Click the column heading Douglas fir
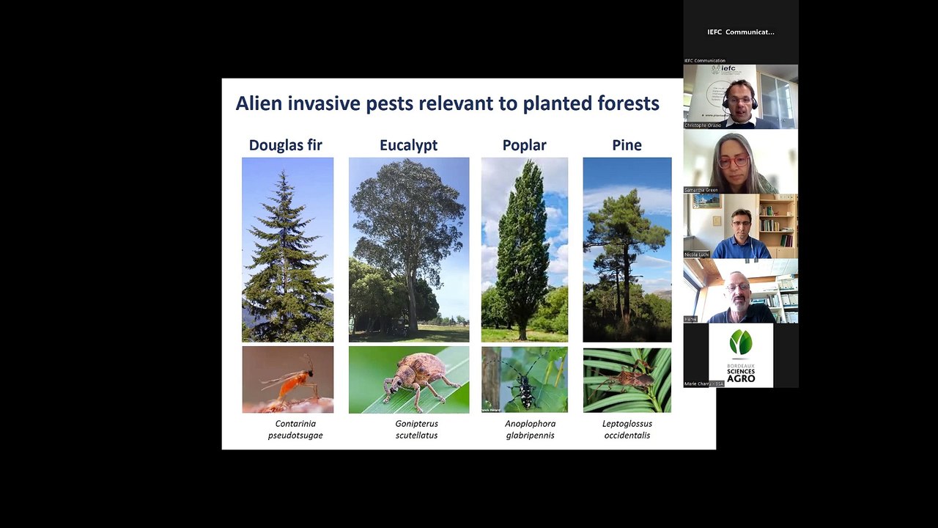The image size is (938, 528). click(x=285, y=145)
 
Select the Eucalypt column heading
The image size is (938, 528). click(x=408, y=145)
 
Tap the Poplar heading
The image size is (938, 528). click(x=524, y=145)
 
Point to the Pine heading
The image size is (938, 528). click(x=627, y=145)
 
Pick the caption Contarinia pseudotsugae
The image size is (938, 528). click(x=295, y=429)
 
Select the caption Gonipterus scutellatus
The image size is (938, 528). click(x=416, y=429)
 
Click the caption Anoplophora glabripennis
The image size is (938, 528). click(x=530, y=429)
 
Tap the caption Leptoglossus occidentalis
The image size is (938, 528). click(x=627, y=429)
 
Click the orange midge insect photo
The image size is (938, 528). click(x=288, y=380)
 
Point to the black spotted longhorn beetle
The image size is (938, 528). click(x=525, y=380)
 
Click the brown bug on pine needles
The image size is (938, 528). click(x=627, y=380)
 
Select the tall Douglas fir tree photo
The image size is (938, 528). click(x=288, y=249)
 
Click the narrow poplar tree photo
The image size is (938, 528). click(x=525, y=249)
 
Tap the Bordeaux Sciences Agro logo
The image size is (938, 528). click(x=741, y=355)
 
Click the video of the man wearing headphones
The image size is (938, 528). click(x=741, y=97)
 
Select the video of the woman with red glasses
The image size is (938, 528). click(x=741, y=162)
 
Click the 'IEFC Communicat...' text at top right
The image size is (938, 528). click(x=741, y=32)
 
